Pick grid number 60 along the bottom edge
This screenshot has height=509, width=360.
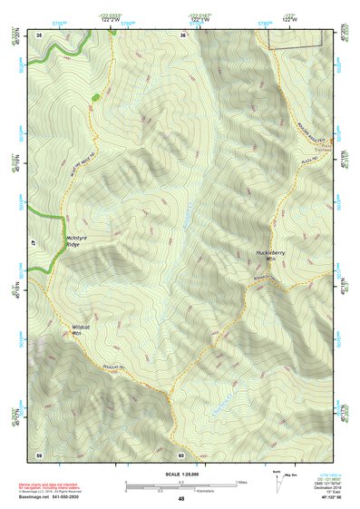tap(181, 455)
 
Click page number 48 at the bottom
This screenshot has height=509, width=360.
tap(181, 499)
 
